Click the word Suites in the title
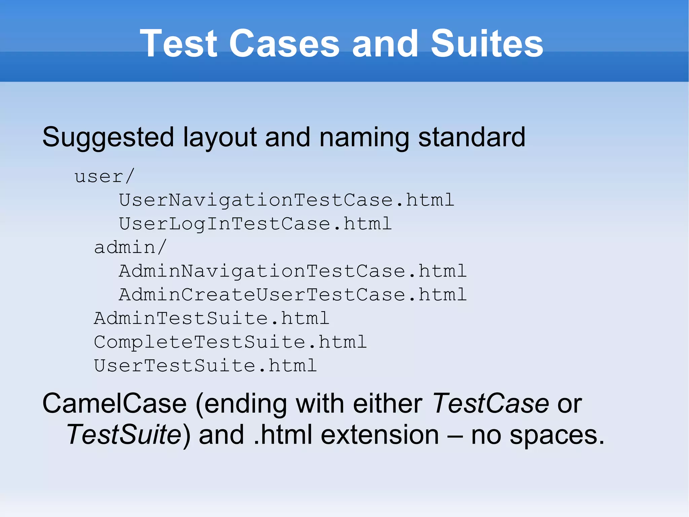[x=487, y=43]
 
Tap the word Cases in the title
[x=284, y=43]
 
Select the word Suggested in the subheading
[x=108, y=137]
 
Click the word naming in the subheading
[x=364, y=137]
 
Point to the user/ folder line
[x=105, y=176]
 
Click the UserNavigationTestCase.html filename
[x=287, y=200]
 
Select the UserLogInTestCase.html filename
[x=255, y=224]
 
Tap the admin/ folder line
[x=130, y=248]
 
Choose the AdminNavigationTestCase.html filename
[x=293, y=271]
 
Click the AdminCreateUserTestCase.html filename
[x=293, y=295]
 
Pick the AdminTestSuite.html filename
[x=211, y=318]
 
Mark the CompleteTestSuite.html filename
[x=230, y=342]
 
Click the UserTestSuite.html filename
[x=205, y=366]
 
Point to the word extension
[x=380, y=434]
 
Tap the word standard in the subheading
[x=471, y=137]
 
